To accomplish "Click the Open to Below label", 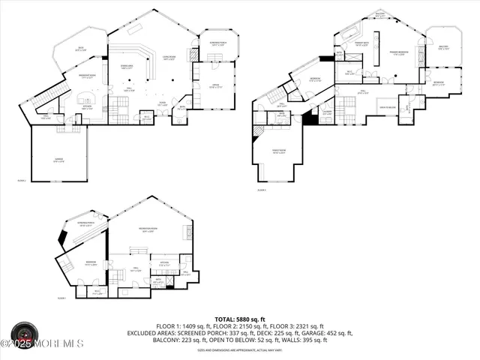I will [388, 106].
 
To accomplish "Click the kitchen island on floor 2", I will [85, 99].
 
